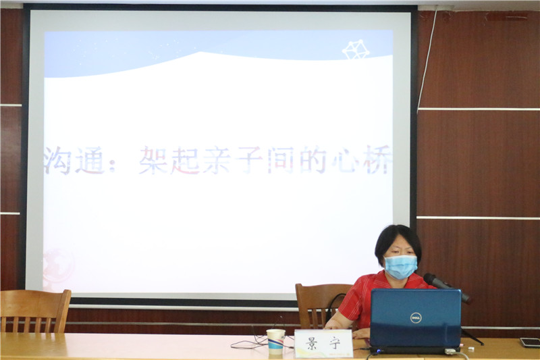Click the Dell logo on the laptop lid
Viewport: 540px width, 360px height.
point(416,317)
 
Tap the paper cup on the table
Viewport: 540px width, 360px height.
point(276,342)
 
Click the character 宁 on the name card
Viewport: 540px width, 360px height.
point(333,344)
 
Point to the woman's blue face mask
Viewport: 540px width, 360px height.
point(400,266)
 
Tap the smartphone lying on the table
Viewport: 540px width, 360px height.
point(530,342)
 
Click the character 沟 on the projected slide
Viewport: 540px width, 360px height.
point(58,161)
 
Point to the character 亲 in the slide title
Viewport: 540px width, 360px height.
point(217,160)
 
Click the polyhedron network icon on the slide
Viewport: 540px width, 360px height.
point(356,49)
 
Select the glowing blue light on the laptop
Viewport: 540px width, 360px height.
point(379,351)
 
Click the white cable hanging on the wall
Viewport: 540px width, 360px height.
point(427,59)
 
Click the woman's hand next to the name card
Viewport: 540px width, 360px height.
point(361,334)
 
